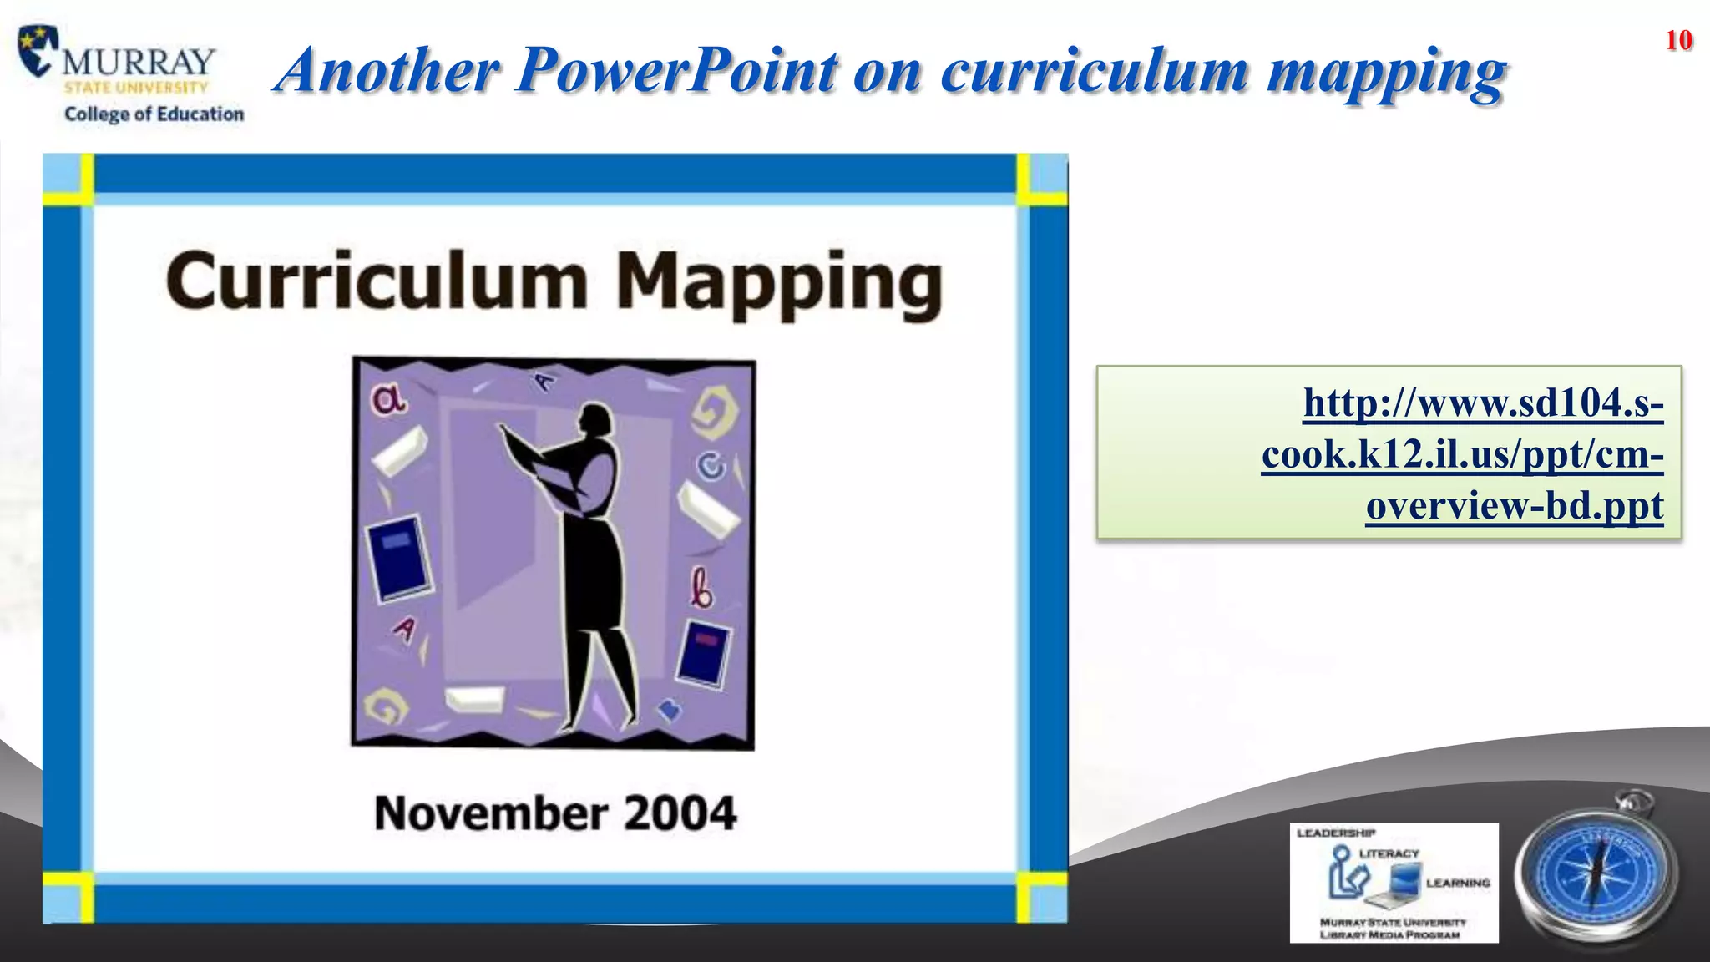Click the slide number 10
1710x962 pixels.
[x=1678, y=40]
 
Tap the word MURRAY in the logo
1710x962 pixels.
[x=139, y=61]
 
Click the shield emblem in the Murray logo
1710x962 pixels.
[x=38, y=50]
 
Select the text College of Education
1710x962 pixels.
[x=154, y=114]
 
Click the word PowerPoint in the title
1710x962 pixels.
[x=677, y=69]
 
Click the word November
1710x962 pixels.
[x=491, y=813]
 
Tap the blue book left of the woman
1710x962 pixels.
[x=401, y=558]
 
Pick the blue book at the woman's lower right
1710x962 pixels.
[x=704, y=654]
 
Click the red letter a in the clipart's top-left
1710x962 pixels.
[x=388, y=400]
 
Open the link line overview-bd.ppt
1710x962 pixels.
[x=1514, y=506]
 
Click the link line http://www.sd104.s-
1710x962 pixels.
[x=1483, y=403]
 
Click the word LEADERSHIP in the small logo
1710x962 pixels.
[x=1336, y=833]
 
